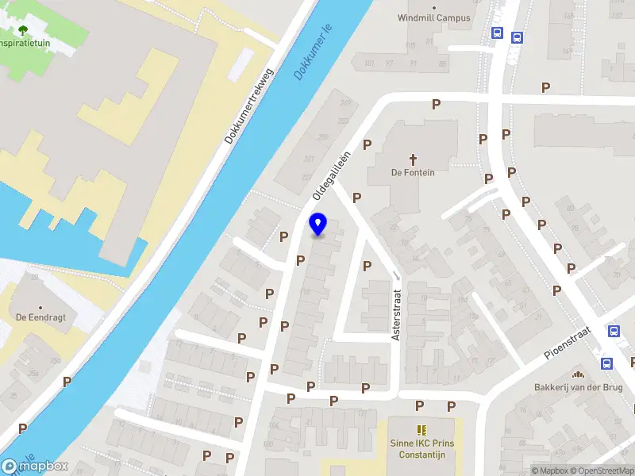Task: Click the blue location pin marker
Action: click(318, 225)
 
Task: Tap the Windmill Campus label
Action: click(433, 17)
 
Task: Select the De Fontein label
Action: click(413, 173)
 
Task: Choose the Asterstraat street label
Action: click(395, 315)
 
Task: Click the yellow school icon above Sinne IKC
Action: click(421, 429)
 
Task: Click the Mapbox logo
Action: click(35, 466)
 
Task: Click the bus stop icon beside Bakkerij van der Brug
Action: click(606, 364)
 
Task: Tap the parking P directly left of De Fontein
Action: click(367, 144)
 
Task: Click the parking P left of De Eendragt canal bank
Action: click(67, 382)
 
